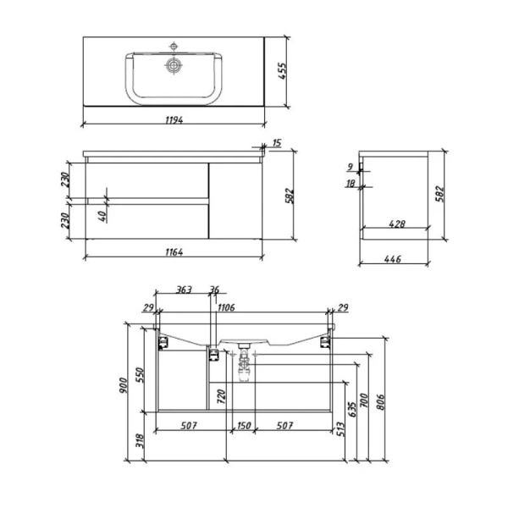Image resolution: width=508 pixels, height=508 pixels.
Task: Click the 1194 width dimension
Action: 174,120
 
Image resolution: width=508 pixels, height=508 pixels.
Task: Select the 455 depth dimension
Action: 282,71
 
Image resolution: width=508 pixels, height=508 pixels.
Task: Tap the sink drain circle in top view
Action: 174,66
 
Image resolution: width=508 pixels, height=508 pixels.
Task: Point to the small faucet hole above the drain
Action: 174,47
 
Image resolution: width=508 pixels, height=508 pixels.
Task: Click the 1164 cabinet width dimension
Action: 174,252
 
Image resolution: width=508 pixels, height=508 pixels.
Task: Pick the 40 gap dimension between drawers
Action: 102,216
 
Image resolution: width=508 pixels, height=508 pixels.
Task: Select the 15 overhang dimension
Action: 277,143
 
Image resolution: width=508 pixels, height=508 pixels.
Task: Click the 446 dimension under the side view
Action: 392,259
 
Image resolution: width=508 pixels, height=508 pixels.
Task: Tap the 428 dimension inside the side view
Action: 397,224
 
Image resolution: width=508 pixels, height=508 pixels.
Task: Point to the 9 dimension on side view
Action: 350,167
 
